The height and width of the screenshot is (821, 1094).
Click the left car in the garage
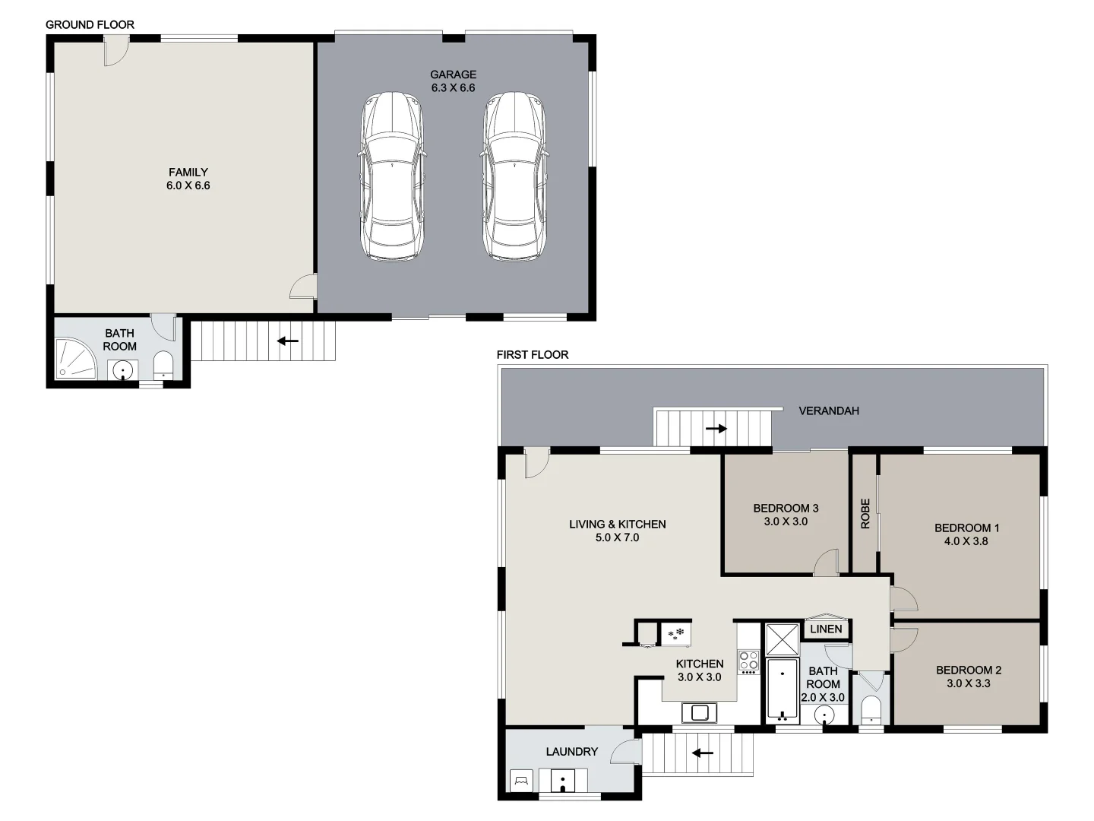click(390, 177)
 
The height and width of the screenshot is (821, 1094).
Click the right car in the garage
click(514, 177)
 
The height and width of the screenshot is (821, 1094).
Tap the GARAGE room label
click(453, 74)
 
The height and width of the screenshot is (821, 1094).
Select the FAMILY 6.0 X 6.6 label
click(188, 179)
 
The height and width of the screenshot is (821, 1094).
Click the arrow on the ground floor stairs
click(287, 341)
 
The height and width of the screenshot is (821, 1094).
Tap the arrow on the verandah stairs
click(716, 429)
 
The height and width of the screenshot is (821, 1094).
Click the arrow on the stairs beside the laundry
click(702, 753)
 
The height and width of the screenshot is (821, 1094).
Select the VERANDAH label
click(829, 410)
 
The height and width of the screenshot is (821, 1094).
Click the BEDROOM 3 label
click(786, 509)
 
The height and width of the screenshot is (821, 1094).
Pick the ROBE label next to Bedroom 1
click(865, 513)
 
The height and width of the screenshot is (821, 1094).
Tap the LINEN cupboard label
click(826, 629)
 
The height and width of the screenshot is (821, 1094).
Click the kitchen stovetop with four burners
click(748, 661)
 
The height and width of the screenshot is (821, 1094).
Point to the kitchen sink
click(699, 713)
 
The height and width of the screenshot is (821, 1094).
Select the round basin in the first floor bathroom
click(824, 715)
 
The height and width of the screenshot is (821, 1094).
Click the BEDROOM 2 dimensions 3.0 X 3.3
click(968, 683)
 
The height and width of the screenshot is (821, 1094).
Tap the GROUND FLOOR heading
click(90, 24)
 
